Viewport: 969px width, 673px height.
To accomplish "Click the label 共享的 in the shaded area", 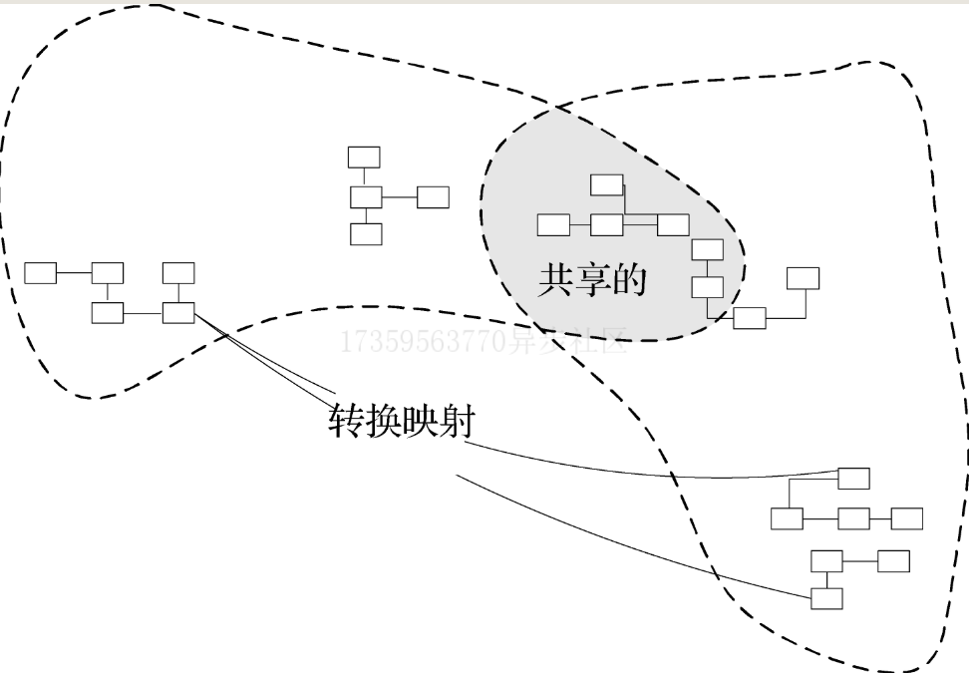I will click(592, 281).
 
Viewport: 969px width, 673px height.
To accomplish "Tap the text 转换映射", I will click(401, 422).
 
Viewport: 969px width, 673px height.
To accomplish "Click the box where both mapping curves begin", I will click(178, 313).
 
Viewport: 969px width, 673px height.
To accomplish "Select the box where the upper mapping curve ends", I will click(853, 479).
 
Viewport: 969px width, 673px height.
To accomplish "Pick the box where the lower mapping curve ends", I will click(826, 598).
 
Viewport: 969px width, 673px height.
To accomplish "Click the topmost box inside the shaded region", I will click(607, 185).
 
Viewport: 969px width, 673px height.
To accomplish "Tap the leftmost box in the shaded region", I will click(554, 225).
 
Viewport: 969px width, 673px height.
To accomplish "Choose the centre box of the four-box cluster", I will click(366, 197).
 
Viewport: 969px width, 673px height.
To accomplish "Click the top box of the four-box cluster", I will click(364, 158).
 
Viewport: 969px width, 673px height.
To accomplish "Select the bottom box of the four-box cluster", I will click(366, 234).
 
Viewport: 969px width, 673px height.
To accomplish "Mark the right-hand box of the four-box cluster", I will click(433, 197).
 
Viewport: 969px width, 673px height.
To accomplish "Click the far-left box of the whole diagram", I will click(41, 273).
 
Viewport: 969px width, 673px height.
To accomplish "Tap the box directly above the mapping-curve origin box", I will click(178, 273).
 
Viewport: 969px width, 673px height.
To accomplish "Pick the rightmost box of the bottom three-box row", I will click(906, 518).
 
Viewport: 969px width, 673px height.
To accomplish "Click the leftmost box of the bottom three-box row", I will click(787, 518).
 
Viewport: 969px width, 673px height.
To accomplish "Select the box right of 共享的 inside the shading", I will click(708, 287).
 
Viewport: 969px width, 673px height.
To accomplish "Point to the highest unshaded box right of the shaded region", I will click(803, 278).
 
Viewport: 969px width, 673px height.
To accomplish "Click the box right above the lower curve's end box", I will click(826, 561).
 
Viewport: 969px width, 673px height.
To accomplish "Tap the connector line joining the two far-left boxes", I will click(74, 273).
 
